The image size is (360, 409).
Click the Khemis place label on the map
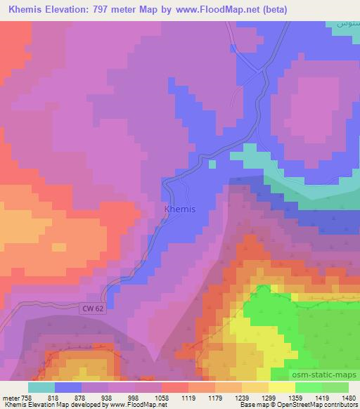(x=179, y=209)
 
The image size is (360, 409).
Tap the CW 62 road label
(x=93, y=308)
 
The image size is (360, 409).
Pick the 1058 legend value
(x=162, y=397)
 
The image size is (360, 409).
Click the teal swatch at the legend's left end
(x=41, y=387)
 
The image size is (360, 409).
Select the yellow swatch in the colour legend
(x=282, y=387)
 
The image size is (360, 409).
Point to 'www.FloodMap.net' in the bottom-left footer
(x=136, y=405)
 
